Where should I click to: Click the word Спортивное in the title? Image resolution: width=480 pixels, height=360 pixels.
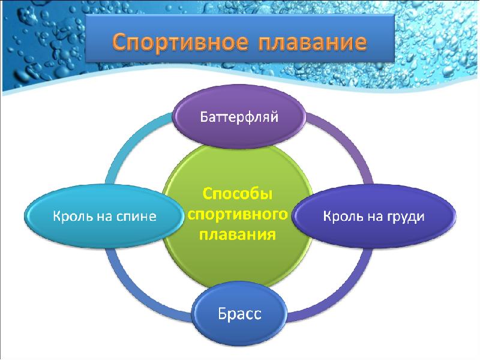point(181,42)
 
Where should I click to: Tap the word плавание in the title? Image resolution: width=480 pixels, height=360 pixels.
point(312,42)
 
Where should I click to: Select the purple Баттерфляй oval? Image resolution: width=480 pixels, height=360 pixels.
point(239,116)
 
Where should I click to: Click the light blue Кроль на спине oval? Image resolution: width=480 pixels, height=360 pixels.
point(104,216)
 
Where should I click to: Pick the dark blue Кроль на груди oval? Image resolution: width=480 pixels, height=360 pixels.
point(374,216)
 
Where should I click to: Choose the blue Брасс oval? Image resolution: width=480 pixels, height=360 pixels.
point(239,314)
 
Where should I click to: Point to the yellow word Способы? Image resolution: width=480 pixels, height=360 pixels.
point(238,194)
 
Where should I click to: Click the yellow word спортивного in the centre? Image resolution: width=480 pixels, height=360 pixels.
point(238,214)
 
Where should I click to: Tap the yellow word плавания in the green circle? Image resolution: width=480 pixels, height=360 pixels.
point(238,235)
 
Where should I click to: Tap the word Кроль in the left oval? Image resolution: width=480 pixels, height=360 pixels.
point(73,216)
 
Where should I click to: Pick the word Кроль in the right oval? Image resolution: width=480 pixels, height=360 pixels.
point(343,216)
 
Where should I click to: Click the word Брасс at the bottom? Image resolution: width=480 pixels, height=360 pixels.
point(239,314)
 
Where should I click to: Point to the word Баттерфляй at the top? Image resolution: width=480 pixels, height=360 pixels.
point(239,117)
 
